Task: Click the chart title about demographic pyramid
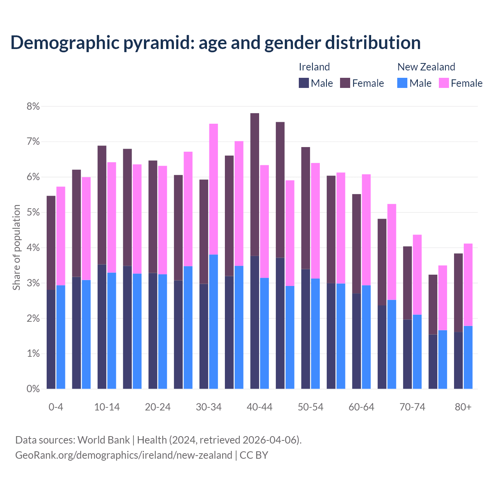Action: click(x=216, y=43)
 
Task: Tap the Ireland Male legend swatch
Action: click(x=304, y=83)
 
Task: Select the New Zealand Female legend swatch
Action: click(x=444, y=83)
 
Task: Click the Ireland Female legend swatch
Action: click(x=345, y=83)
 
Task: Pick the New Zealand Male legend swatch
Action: click(x=402, y=83)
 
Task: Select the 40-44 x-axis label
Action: click(x=260, y=407)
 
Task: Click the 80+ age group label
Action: click(x=463, y=407)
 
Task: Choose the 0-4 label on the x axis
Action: click(x=56, y=407)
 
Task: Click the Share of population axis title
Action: click(x=17, y=247)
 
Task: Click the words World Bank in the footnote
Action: click(x=103, y=440)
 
